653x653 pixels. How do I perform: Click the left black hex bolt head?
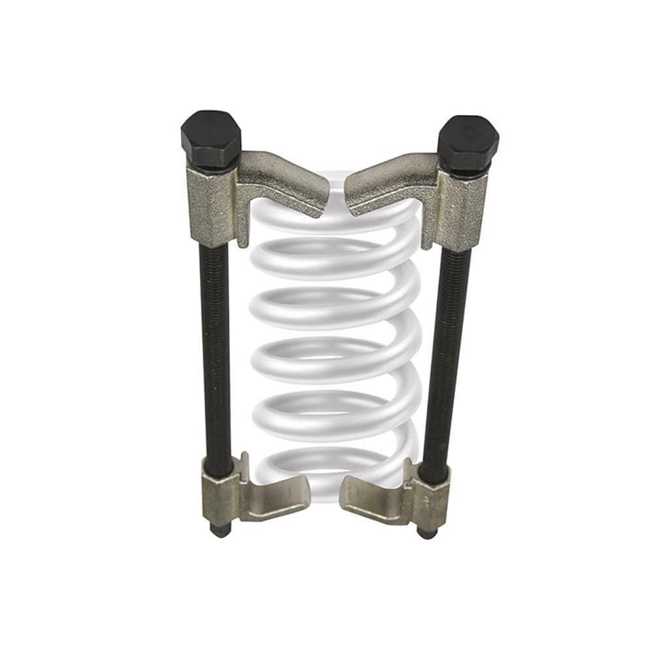click(210, 138)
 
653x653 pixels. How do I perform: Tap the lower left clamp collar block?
click(221, 500)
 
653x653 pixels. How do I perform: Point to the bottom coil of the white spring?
click(333, 467)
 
